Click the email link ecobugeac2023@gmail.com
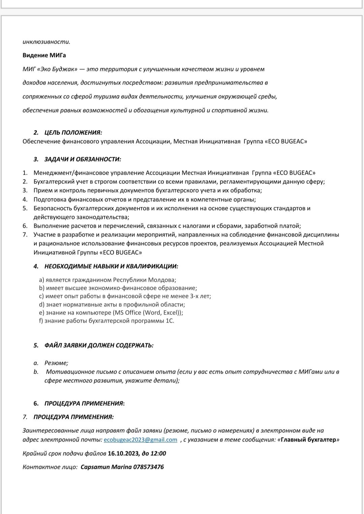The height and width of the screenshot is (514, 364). [140, 440]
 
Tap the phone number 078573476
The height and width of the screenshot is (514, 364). [149, 467]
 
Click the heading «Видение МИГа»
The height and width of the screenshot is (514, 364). [44, 55]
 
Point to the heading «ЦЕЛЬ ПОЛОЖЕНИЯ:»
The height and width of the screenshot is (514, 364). [73, 132]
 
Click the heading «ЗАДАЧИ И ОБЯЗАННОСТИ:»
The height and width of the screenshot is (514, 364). [83, 159]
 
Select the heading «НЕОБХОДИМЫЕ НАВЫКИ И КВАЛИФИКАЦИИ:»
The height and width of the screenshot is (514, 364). [111, 266]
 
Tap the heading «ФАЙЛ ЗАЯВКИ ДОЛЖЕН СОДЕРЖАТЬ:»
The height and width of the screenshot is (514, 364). [99, 345]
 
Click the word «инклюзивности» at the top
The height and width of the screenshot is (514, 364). [46, 42]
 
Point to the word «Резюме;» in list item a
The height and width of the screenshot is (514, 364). [56, 363]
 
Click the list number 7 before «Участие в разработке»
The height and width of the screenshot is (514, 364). [25, 235]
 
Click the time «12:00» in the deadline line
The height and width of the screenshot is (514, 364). [158, 454]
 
